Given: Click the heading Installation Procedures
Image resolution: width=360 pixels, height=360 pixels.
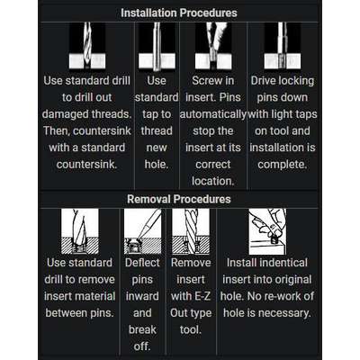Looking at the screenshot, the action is (179, 13).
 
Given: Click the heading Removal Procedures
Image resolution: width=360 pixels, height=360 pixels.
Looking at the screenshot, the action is (179, 199).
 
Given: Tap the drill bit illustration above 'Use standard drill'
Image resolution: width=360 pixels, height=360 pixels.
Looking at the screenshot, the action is (87, 45).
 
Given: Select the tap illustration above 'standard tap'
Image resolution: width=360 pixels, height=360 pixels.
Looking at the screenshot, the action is (157, 46).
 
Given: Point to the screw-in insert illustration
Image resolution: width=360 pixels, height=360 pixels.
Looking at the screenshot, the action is (213, 45).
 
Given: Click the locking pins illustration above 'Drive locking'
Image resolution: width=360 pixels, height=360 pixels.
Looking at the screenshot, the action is (282, 45).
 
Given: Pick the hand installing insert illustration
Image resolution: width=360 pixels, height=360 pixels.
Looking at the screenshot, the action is (267, 231).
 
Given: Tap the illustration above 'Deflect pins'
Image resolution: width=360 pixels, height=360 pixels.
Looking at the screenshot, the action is (142, 231).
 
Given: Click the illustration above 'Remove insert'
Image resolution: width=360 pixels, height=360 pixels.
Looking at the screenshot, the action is (191, 231).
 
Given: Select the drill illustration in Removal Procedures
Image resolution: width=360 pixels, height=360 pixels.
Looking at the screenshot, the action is (80, 231).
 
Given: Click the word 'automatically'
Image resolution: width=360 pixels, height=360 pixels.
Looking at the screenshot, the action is (213, 114).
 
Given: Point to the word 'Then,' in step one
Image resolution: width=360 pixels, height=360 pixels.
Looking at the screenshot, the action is (56, 131).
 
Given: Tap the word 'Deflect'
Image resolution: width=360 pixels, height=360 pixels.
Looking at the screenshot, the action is (142, 263).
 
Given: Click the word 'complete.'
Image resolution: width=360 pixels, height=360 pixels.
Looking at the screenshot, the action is (283, 165).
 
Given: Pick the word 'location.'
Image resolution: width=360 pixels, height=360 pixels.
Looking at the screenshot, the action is (212, 181).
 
